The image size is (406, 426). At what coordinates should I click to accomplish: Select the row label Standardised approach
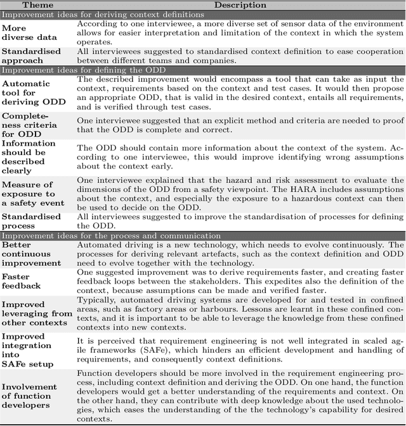[31, 55]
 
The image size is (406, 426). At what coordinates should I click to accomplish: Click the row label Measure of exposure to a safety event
[33, 193]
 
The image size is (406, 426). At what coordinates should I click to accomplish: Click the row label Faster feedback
[21, 281]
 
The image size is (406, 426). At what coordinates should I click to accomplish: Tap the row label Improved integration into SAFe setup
[30, 346]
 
